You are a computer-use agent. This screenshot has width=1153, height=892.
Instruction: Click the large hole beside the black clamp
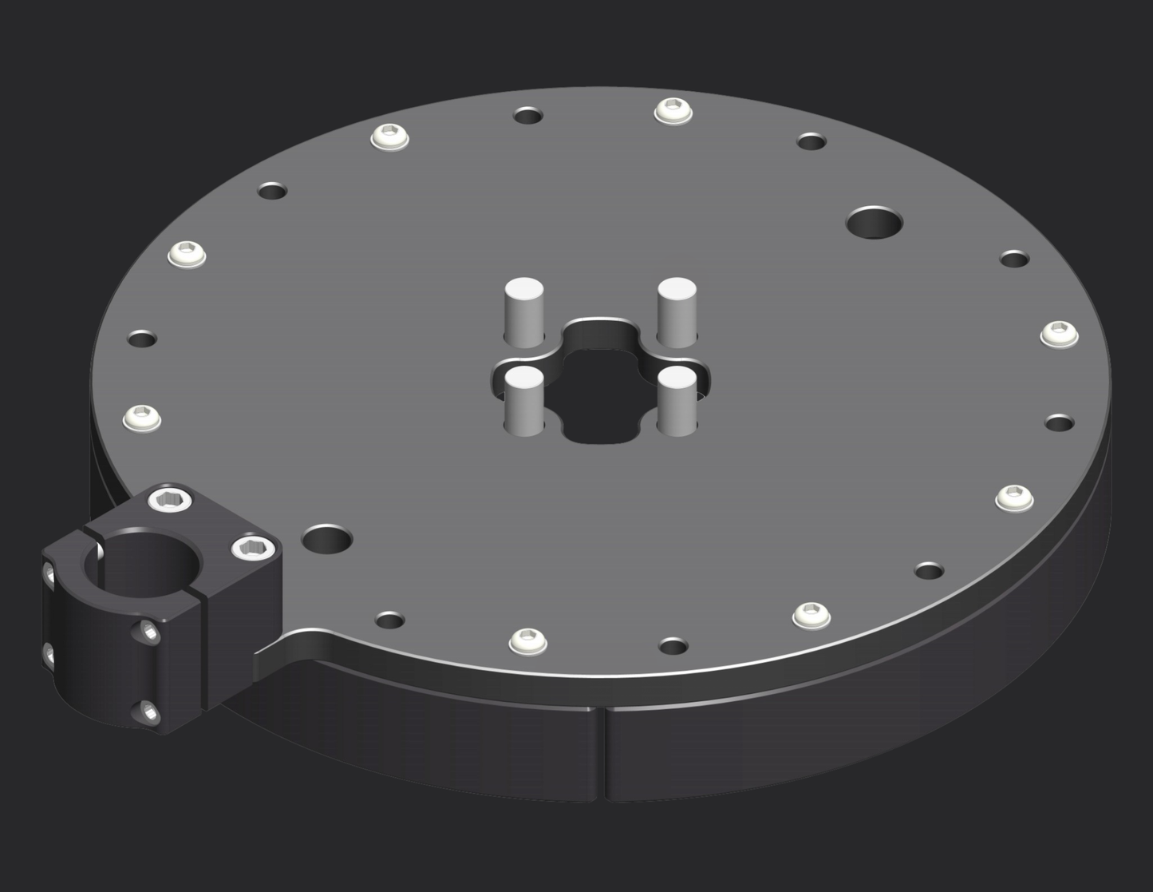327,540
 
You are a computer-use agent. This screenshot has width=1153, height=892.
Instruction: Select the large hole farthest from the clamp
874,223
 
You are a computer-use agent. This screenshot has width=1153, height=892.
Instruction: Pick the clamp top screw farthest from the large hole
170,501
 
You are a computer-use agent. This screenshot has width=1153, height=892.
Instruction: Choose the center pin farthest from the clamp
677,311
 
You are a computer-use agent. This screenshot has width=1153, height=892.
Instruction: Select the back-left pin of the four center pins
524,311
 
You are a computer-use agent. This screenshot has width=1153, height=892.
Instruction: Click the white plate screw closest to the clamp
142,418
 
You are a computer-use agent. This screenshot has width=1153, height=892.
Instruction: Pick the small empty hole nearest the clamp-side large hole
389,620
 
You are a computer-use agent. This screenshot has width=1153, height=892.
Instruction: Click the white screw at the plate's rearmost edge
673,110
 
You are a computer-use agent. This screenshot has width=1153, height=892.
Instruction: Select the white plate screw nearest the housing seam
527,640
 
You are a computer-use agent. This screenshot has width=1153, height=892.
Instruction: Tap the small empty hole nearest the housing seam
673,645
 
